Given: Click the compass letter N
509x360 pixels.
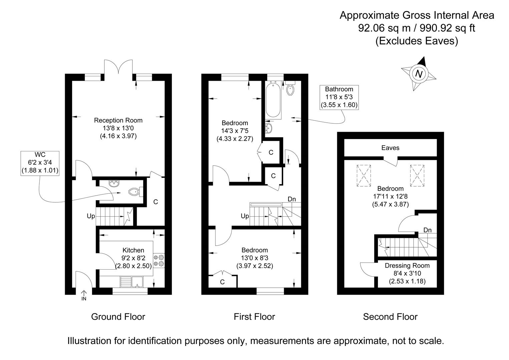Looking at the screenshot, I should [419, 74].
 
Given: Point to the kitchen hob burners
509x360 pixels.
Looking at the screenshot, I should [159, 260].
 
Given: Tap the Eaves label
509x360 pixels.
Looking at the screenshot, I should [390, 148].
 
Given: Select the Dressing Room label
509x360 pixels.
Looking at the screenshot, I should [407, 265].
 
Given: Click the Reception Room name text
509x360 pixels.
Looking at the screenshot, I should [118, 120].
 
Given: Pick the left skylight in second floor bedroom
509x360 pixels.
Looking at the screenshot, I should [364, 175].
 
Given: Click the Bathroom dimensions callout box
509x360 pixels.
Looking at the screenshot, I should [339, 97].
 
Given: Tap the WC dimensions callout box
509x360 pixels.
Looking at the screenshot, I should [40, 163].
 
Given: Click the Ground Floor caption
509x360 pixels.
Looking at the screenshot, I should [118, 316].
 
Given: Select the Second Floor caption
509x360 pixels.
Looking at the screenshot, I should [390, 316].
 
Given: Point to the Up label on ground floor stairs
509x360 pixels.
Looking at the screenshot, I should [91, 216].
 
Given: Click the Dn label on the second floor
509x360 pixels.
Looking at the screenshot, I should [427, 230].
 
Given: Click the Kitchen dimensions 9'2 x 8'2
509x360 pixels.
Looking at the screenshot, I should [133, 258].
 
